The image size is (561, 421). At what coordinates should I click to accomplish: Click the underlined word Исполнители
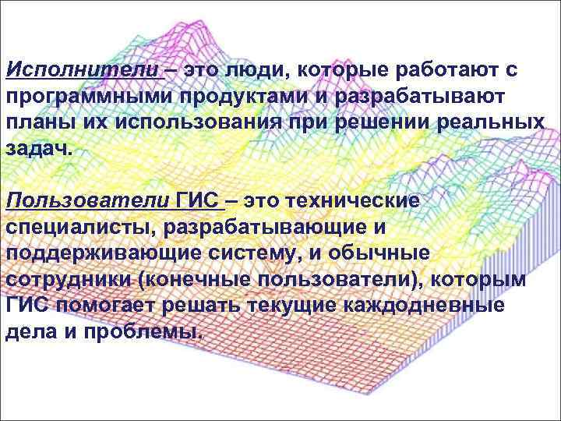(x=82, y=72)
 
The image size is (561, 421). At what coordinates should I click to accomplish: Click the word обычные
(x=397, y=253)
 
